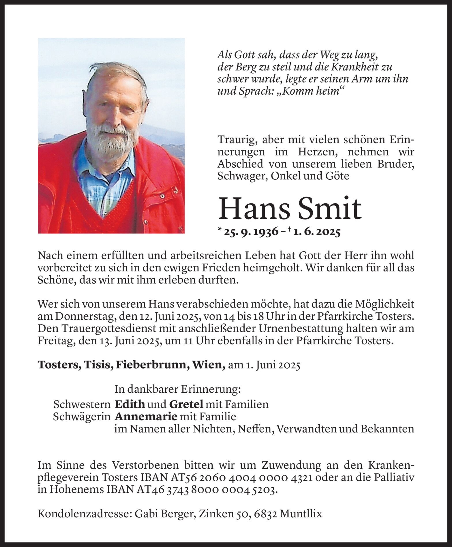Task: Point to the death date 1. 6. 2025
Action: pyautogui.click(x=317, y=232)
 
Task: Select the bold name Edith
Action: pyautogui.click(x=130, y=404)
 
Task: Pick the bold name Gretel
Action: pyautogui.click(x=186, y=404)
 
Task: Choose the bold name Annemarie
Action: pyautogui.click(x=146, y=417)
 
